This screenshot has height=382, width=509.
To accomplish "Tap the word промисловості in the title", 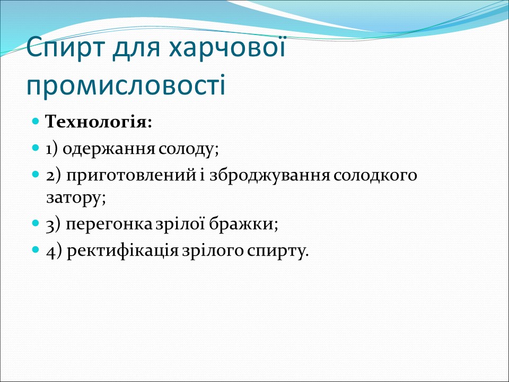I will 126,86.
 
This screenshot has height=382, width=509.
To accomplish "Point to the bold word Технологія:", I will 99,123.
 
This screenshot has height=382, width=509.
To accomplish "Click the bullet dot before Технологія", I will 36,121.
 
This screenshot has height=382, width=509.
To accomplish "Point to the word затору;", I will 76,197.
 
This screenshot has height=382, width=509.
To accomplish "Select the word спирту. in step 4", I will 277,250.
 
